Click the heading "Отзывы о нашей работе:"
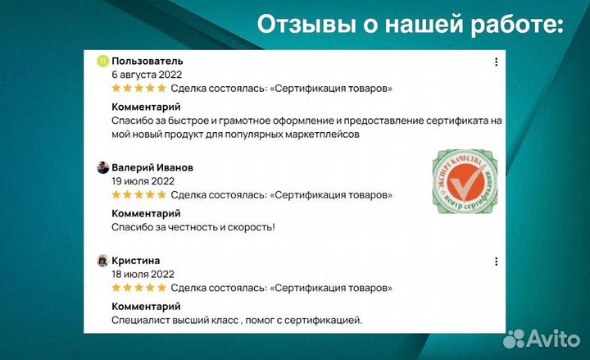411,25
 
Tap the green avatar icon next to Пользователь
102,62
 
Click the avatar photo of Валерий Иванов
102,168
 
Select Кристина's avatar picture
102,261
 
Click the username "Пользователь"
147,62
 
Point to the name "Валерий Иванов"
152,168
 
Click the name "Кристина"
136,261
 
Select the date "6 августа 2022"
147,75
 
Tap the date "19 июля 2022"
143,181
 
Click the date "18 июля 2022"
143,274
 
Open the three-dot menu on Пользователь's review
496,62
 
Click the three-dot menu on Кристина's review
496,262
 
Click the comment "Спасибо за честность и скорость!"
193,227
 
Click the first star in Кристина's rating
116,288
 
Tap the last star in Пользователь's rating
162,89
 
